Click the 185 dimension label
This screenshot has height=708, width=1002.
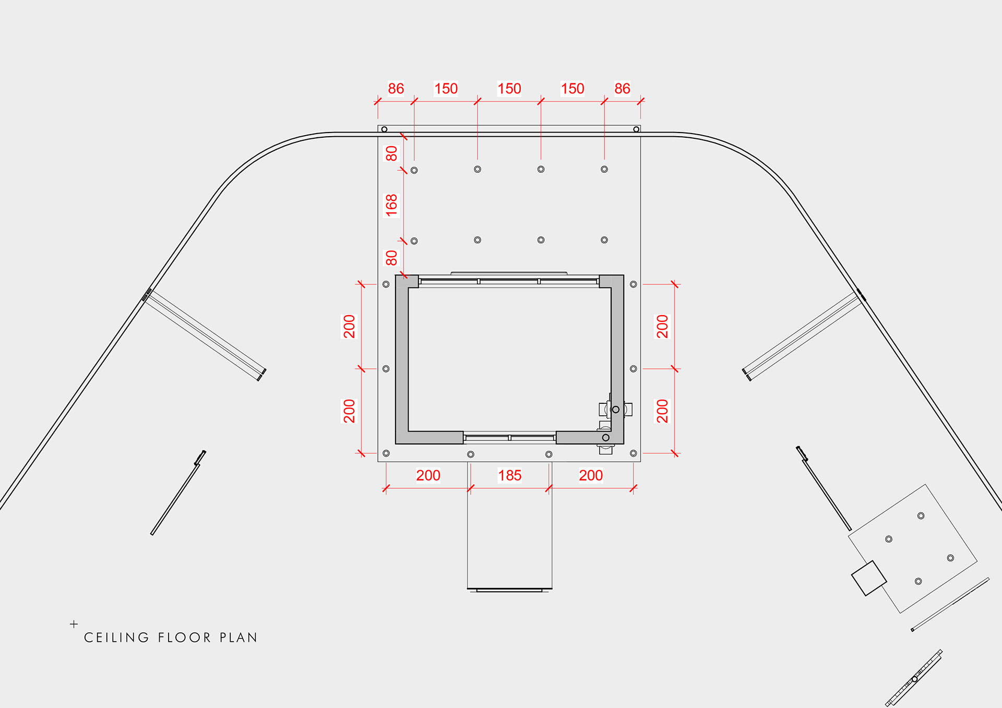click(509, 475)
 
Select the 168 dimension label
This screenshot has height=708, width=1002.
click(391, 205)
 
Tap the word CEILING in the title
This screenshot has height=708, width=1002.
click(116, 638)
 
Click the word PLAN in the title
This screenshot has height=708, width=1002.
click(238, 638)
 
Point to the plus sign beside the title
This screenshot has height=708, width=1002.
click(74, 624)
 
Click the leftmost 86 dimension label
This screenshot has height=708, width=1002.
click(396, 89)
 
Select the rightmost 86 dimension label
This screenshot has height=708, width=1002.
click(622, 89)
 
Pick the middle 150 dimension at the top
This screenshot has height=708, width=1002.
click(509, 89)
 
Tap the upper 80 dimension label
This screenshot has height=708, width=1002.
click(391, 153)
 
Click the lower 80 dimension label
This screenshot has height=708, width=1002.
click(391, 258)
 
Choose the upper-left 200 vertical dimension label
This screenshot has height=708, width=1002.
click(349, 327)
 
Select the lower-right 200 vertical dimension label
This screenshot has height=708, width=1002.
click(662, 411)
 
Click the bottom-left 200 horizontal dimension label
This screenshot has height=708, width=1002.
click(428, 475)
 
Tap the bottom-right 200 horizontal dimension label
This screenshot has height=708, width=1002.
click(591, 475)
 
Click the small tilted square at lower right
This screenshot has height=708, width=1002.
click(869, 578)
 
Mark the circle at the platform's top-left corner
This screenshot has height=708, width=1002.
click(385, 129)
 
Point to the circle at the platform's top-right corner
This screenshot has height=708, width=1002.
click(636, 129)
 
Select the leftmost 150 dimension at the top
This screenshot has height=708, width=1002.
click(446, 89)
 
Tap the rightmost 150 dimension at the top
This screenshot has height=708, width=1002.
click(572, 89)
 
